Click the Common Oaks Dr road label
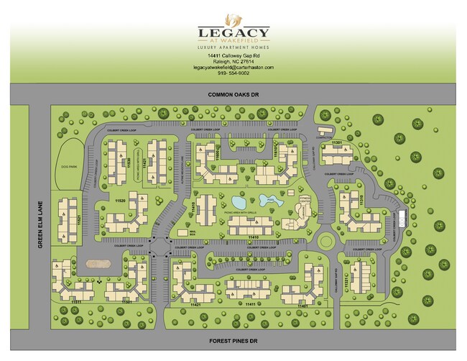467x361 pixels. [x=233, y=93]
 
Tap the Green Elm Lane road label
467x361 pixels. [x=41, y=223]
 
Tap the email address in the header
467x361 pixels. [x=233, y=68]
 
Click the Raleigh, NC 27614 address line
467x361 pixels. [x=233, y=62]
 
